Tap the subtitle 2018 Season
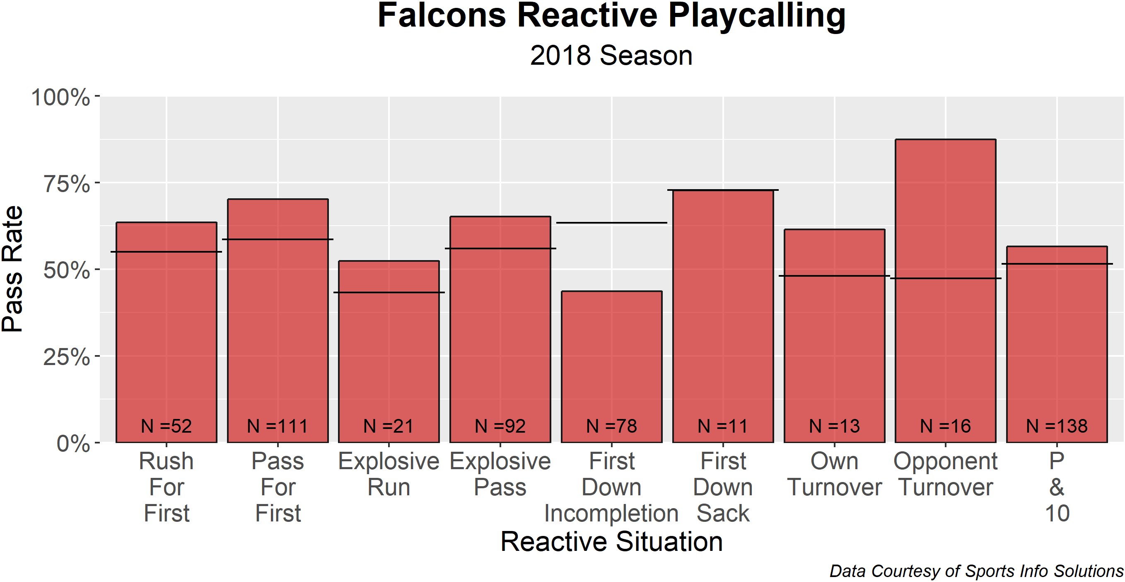611,56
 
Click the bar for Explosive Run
389,350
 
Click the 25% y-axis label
66,357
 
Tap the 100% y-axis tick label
60,97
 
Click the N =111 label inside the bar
278,426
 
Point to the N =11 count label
723,426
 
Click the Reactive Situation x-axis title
611,541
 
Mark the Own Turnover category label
834,474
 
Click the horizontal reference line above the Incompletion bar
611,223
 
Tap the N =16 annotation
946,426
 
